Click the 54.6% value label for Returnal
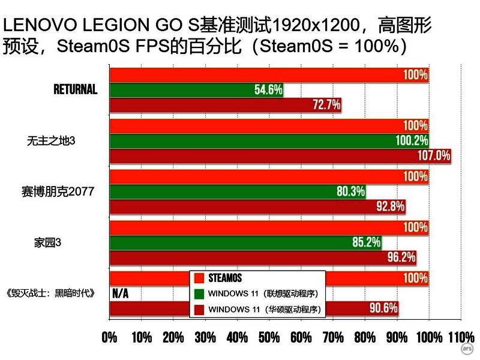[268, 90]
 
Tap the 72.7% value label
[327, 105]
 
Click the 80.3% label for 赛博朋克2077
[350, 192]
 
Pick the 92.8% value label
[390, 207]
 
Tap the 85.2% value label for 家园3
[366, 243]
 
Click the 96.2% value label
[401, 258]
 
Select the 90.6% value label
[383, 309]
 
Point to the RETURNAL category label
[75, 89]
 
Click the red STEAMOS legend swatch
[199, 278]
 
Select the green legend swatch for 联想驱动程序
[199, 293]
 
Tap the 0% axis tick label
[110, 337]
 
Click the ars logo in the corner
[467, 349]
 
